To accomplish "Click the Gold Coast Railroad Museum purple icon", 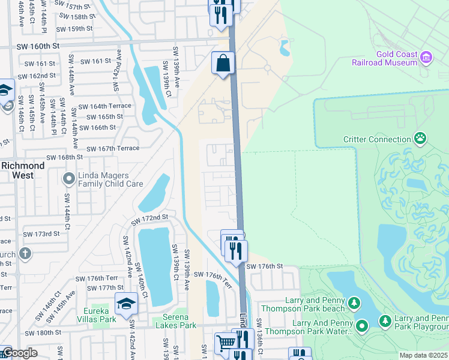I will (x=426, y=57).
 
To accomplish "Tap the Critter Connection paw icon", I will (x=420, y=139).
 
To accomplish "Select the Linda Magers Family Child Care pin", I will (x=68, y=179).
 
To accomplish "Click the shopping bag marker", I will (x=223, y=63).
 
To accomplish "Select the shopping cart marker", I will (x=225, y=343).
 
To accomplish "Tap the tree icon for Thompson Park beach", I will (x=354, y=304).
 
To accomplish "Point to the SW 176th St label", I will (x=264, y=266).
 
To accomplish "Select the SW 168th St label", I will (x=62, y=157).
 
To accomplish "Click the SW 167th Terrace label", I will (x=113, y=148).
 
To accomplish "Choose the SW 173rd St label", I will (x=42, y=233).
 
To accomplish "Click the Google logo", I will (x=19, y=353).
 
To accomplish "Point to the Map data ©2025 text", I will (x=423, y=355).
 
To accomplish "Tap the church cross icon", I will (x=24, y=253).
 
